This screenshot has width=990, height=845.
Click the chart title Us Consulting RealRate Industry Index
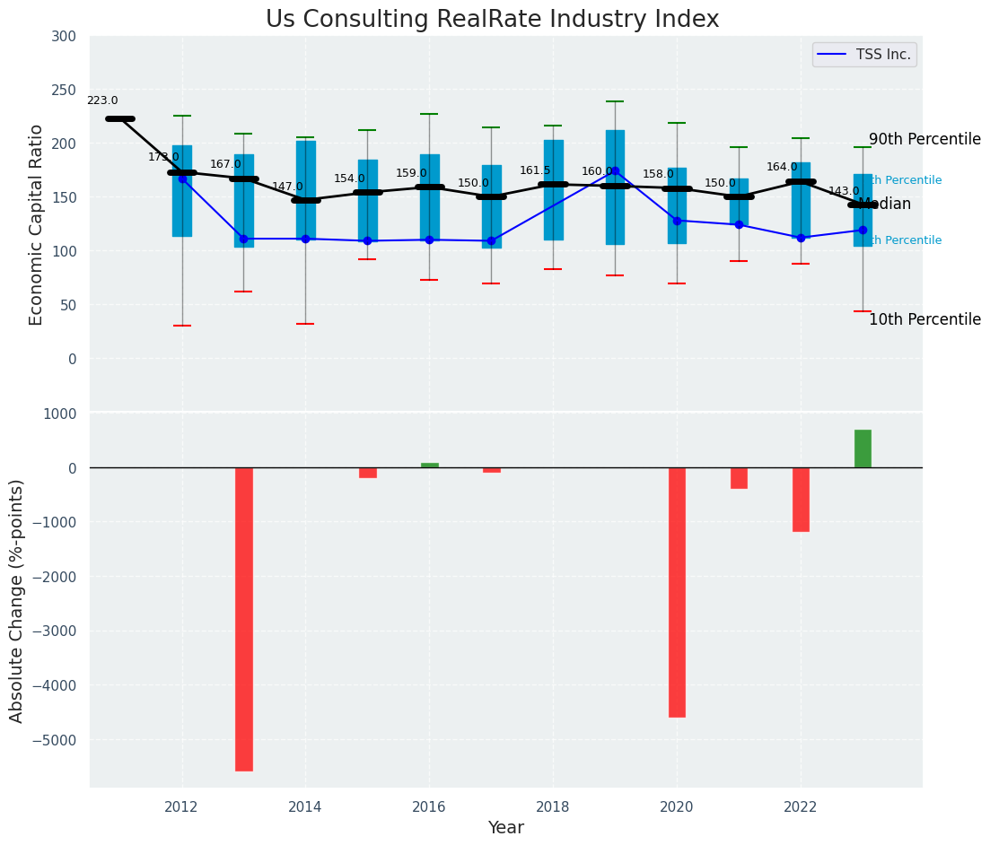click(x=492, y=20)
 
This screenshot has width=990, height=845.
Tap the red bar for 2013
click(x=244, y=619)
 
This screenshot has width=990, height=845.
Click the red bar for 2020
click(x=677, y=592)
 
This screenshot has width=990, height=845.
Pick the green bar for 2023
click(x=863, y=449)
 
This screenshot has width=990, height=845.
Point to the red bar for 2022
click(x=801, y=500)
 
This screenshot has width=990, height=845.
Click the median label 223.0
click(x=102, y=101)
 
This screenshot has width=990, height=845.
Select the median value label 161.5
click(x=535, y=170)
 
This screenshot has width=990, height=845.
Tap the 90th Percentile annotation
click(x=924, y=140)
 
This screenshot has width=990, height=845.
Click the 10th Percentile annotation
click(x=924, y=320)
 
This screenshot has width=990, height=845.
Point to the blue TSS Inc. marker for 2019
click(x=615, y=170)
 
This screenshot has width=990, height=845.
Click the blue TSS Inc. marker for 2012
click(x=182, y=179)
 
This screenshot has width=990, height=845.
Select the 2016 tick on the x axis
click(x=429, y=807)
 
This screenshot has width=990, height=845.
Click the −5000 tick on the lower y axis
click(x=58, y=741)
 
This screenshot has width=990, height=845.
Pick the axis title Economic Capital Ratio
click(x=37, y=224)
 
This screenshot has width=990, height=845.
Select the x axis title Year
click(x=505, y=828)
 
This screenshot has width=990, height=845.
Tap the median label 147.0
click(x=288, y=187)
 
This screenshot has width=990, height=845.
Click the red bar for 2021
click(x=739, y=478)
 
